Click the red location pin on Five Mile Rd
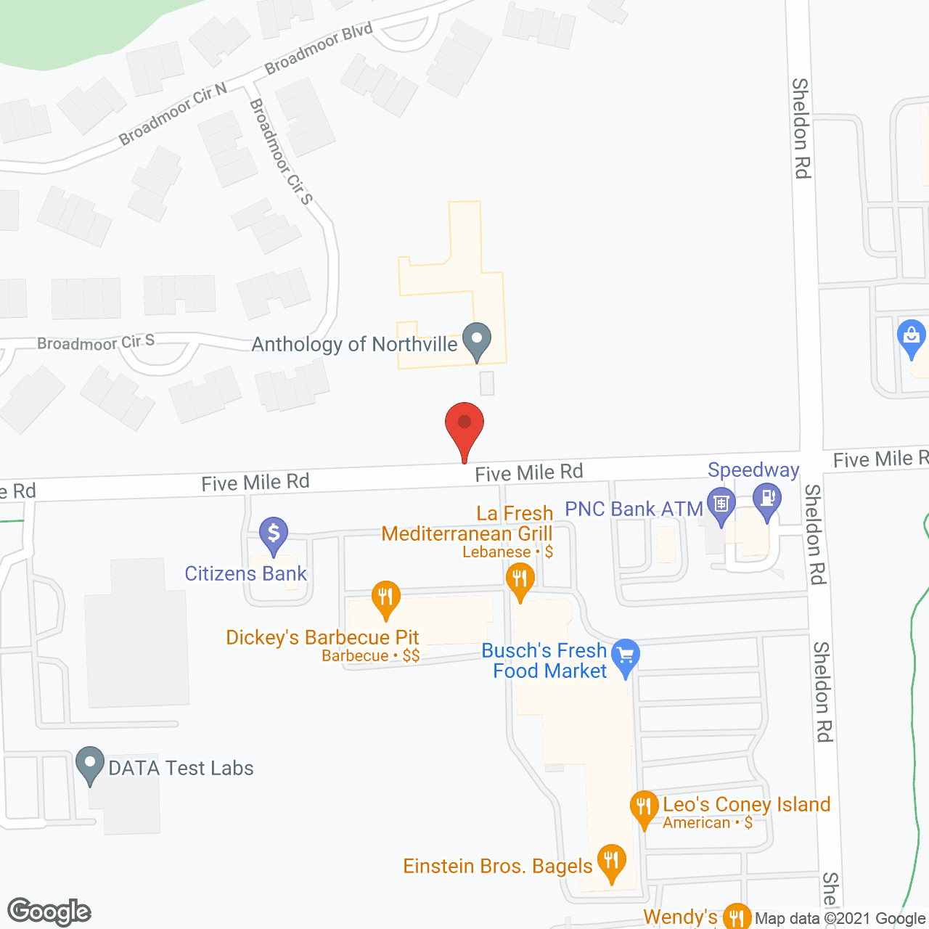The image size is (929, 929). [464, 425]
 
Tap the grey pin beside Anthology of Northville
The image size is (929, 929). [477, 340]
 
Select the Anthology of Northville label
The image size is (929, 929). [354, 344]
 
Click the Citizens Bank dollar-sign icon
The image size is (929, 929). [274, 533]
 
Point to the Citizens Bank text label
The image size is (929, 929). [246, 574]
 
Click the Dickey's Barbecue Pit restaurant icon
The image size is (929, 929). [386, 597]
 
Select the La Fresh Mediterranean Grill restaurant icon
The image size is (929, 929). [520, 580]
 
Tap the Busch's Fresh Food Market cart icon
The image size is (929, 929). [626, 655]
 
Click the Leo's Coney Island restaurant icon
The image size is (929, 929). [644, 806]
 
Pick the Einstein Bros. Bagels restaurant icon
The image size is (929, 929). [612, 861]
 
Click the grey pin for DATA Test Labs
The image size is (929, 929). [90, 764]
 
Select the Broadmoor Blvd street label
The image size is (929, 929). [319, 49]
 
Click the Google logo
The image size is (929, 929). [49, 912]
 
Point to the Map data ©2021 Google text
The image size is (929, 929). [840, 919]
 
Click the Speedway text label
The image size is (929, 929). [753, 470]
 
